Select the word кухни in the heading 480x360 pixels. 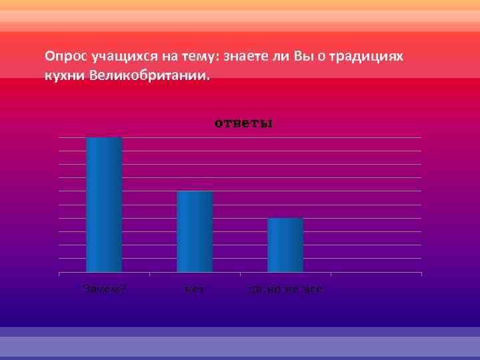coord(62,76)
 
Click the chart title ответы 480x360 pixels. coord(243,123)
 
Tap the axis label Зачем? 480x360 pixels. coord(105,289)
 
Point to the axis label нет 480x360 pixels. coord(194,289)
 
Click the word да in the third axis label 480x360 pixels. coord(254,289)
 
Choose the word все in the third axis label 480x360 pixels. coord(315,289)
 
